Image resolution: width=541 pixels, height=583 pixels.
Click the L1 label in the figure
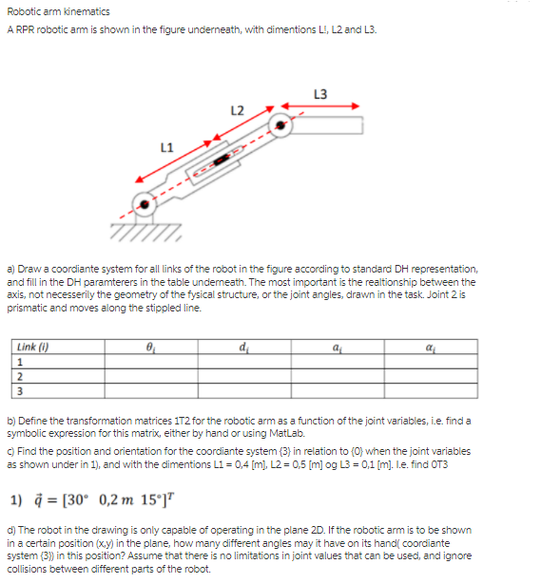coord(166,145)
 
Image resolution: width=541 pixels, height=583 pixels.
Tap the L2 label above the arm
coord(237,110)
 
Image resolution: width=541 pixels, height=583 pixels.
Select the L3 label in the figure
coord(319,93)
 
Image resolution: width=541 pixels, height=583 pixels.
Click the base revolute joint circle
coord(144,202)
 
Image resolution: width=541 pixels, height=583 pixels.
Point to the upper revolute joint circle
coord(280,124)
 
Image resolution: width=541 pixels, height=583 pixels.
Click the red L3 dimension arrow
coord(319,106)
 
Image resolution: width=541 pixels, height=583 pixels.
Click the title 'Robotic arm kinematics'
coord(58,11)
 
